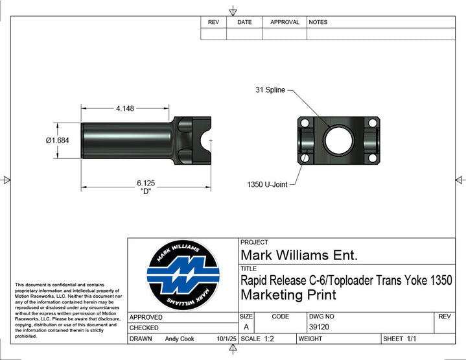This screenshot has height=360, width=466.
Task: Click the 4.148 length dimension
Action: coord(125,108)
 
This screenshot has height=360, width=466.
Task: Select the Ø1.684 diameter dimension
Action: coord(57,140)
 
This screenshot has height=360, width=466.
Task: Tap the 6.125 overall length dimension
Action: coord(146,183)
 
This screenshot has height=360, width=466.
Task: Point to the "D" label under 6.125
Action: coord(146,191)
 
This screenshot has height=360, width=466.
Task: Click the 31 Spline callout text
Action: coord(270,90)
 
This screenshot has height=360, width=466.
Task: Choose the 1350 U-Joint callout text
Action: coord(267,184)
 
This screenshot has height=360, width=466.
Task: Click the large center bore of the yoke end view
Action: coord(339,140)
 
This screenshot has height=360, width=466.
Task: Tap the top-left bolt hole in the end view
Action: coord(305,123)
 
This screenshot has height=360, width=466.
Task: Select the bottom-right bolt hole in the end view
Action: coord(373,158)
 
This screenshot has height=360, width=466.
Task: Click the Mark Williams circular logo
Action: coord(183,275)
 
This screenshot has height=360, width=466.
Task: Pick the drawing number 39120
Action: coord(319,327)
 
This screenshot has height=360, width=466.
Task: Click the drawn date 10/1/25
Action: coord(226,339)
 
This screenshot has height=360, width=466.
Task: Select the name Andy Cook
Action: coord(180,339)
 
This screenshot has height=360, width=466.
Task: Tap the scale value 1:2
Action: coord(269,339)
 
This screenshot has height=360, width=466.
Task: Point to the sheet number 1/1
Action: coord(412,339)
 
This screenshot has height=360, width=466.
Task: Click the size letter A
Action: coord(246,327)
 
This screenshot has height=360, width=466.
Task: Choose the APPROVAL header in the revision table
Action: coord(285,22)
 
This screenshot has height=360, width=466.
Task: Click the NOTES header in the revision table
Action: coord(318,22)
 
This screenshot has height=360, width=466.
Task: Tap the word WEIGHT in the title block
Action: coord(310,339)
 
